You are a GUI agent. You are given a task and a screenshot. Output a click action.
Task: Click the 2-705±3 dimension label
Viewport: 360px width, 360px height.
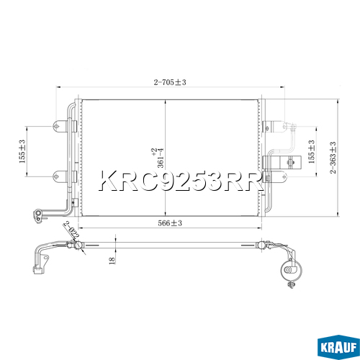coord(170,82)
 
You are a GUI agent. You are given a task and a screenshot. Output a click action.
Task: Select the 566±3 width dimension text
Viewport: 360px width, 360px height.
coord(170,223)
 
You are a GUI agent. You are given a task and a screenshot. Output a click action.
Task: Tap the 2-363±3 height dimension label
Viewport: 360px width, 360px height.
coord(333,158)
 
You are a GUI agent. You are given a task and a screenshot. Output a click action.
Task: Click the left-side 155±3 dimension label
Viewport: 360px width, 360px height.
coord(22,151)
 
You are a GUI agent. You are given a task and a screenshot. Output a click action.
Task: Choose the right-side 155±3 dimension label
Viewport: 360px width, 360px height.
coord(311,152)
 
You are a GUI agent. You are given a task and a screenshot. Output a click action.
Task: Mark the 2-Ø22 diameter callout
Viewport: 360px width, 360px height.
coord(71,230)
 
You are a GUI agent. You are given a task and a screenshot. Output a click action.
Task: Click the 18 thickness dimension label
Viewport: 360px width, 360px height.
coord(112,261)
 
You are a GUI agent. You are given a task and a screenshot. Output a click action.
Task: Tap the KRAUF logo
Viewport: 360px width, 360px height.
coord(338,347)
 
